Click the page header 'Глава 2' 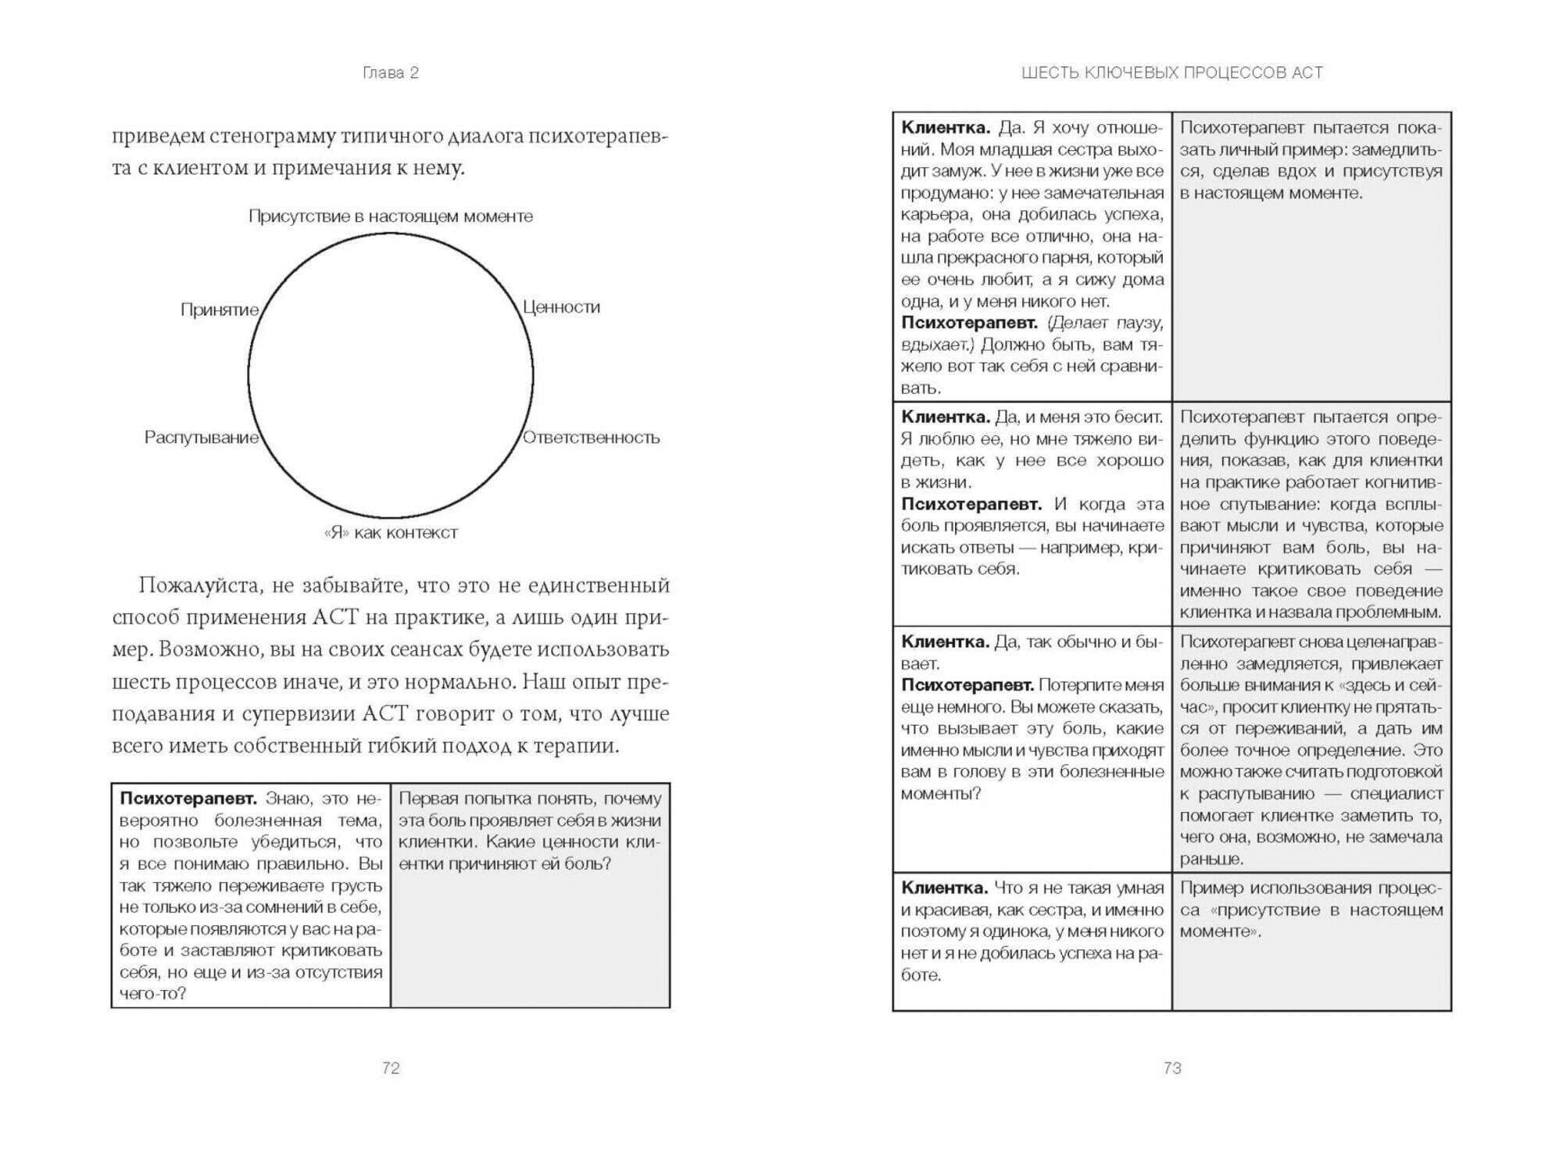point(391,73)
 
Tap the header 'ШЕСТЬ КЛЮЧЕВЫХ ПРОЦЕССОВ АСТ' point(1171,73)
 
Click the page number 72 point(391,1068)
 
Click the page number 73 point(1171,1068)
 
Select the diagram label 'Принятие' point(220,309)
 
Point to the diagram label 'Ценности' point(561,307)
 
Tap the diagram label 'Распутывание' point(201,438)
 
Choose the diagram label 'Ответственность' point(591,438)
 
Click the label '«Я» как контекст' point(391,533)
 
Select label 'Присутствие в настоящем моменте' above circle point(391,216)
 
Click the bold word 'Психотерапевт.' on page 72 point(188,799)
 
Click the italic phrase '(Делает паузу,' point(1104,323)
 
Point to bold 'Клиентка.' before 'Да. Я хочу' point(945,127)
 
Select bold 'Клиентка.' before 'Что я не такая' point(945,888)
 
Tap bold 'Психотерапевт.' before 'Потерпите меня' point(967,685)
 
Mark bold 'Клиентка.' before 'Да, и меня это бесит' point(945,417)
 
